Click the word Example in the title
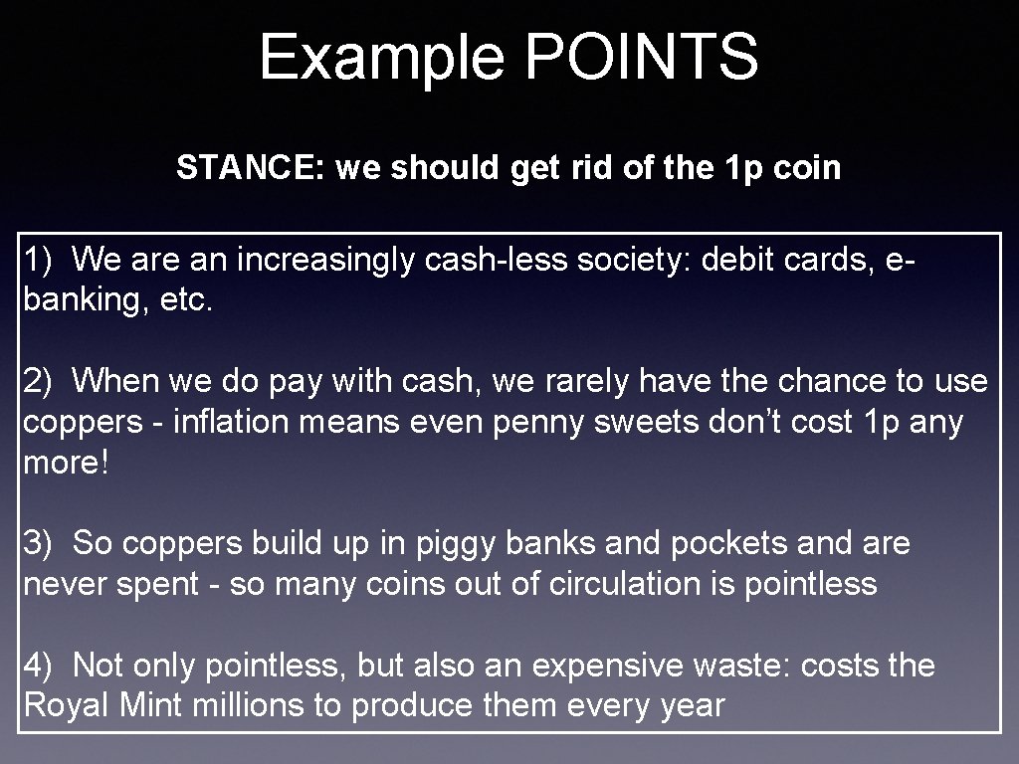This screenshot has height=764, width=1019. pos(382,57)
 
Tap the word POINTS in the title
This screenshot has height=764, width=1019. pos(641,57)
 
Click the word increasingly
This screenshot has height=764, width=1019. pos(318,261)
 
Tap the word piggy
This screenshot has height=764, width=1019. pos(452,544)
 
